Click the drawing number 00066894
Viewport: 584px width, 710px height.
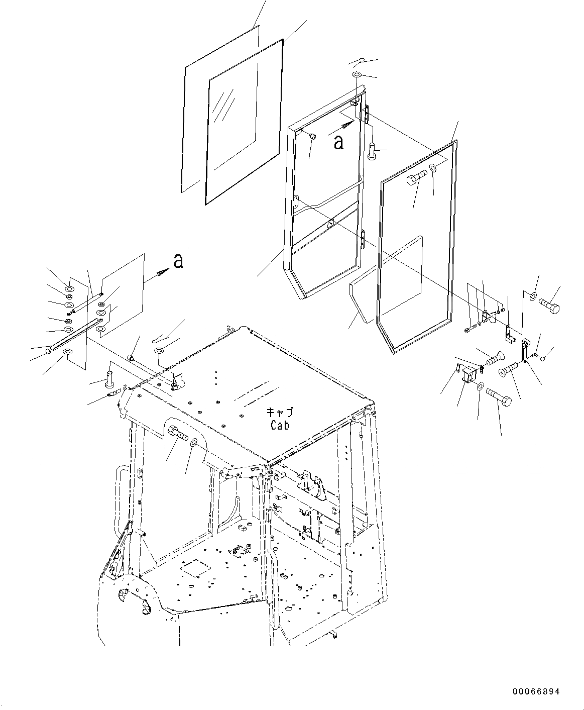pyautogui.click(x=536, y=692)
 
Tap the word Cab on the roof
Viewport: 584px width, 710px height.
pyautogui.click(x=280, y=425)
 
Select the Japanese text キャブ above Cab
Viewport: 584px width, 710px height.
pyautogui.click(x=280, y=412)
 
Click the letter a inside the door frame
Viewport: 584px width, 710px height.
pyautogui.click(x=339, y=142)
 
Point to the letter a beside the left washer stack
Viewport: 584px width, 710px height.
pyautogui.click(x=178, y=261)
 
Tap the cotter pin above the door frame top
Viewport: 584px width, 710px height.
pyautogui.click(x=358, y=62)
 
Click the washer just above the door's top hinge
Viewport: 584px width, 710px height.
pyautogui.click(x=357, y=75)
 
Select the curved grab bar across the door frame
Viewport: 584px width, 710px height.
pyautogui.click(x=327, y=198)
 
